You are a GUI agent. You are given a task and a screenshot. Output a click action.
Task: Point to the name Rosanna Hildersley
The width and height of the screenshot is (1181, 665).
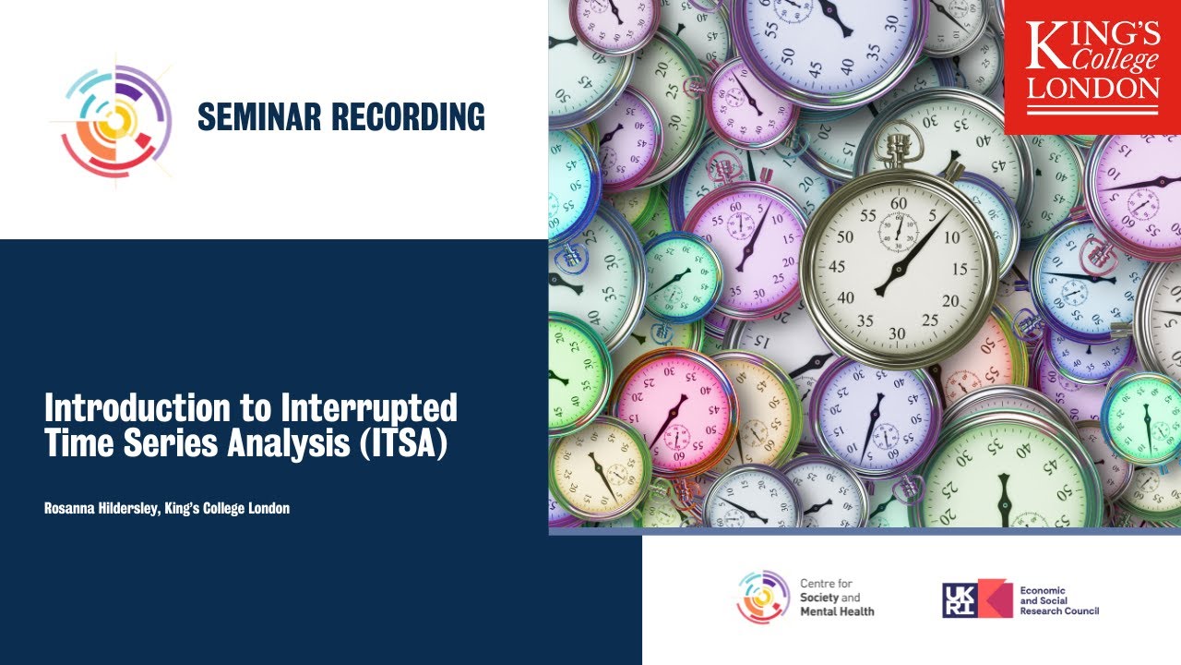[x=101, y=508]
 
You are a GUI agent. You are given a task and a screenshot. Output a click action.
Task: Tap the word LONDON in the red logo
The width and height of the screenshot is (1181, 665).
[x=1093, y=89]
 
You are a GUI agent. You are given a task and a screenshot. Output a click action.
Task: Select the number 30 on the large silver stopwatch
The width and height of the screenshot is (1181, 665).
[x=897, y=332]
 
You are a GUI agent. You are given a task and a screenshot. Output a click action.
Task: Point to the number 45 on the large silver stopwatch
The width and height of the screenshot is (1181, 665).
[x=837, y=267]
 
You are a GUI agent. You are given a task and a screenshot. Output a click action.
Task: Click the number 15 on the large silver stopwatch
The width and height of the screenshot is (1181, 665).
[x=960, y=269]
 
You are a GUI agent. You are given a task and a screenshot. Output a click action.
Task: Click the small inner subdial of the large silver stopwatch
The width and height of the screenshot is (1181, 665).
[x=898, y=229]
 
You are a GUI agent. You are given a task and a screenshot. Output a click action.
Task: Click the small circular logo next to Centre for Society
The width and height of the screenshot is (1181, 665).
[x=763, y=597]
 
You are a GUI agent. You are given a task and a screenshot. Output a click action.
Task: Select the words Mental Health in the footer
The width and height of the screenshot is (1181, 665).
[x=837, y=611]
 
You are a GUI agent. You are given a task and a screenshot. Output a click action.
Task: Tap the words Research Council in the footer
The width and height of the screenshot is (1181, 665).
[x=1059, y=611]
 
